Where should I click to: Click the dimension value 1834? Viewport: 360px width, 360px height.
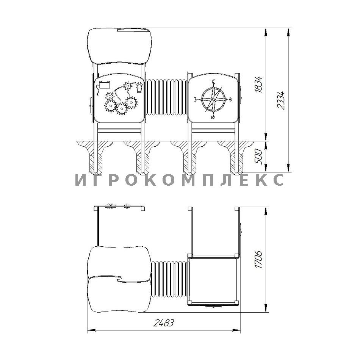[258, 84]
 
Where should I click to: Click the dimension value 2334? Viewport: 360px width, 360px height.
[281, 100]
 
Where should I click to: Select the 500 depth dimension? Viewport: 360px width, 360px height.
[258, 157]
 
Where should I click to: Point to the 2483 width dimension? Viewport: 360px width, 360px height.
[163, 323]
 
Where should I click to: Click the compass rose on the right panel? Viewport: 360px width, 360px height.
[213, 99]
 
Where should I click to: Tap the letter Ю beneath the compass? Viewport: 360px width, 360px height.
[213, 117]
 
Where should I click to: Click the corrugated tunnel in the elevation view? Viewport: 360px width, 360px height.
[167, 97]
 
